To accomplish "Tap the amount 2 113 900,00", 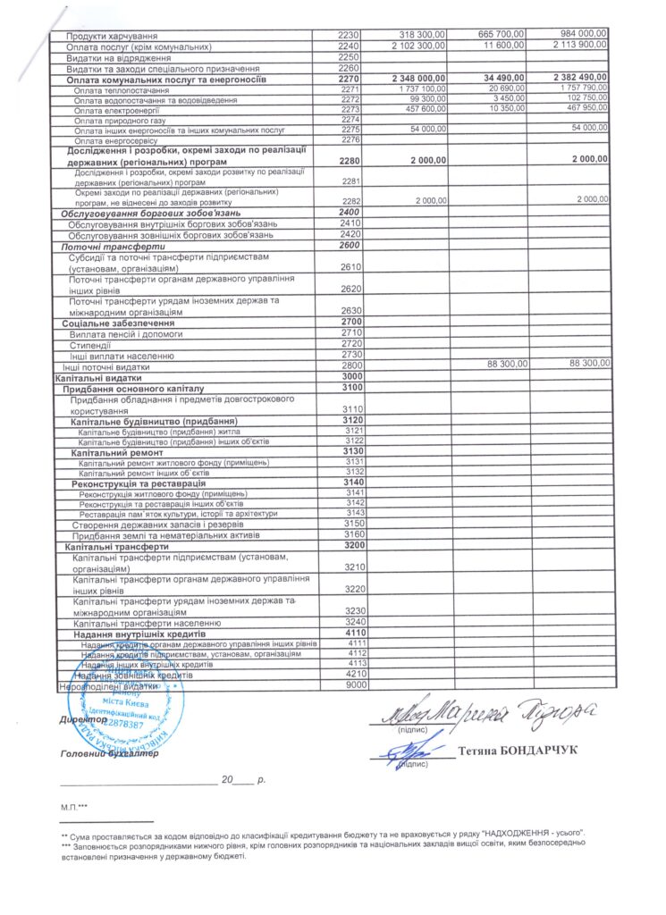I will [x=581, y=45].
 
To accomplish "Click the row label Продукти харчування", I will [x=107, y=35].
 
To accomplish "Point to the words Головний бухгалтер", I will [x=108, y=753].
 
